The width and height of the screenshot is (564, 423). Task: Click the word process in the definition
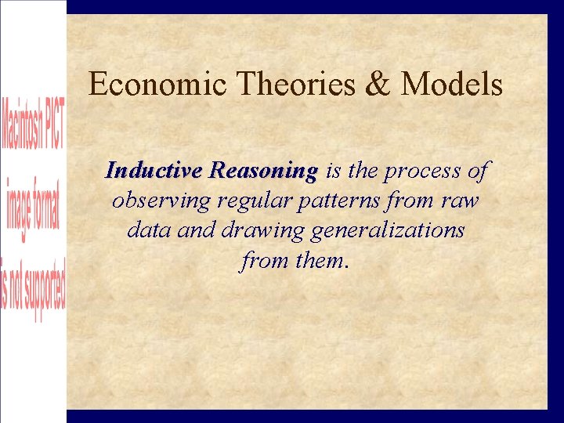423,170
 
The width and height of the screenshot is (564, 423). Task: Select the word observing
162,201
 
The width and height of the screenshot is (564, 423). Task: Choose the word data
144,231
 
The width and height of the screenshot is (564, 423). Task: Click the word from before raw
411,201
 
